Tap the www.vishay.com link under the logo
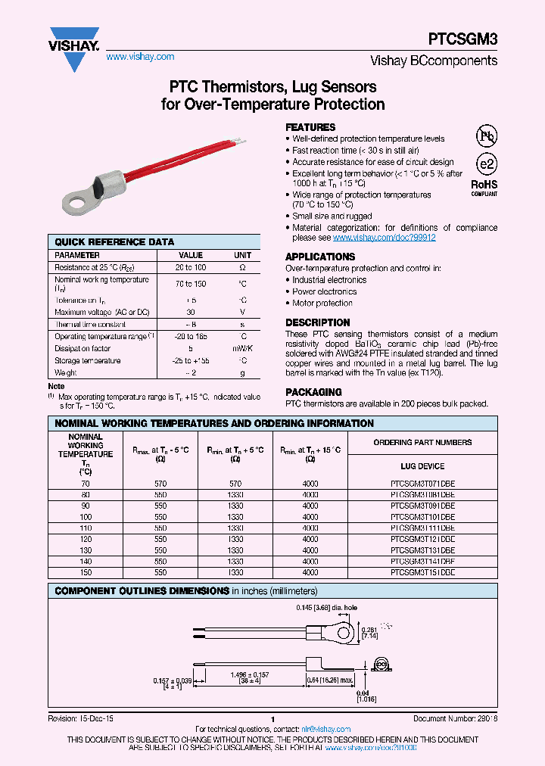click(x=140, y=57)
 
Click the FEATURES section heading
click(x=310, y=127)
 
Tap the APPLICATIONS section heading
click(x=320, y=257)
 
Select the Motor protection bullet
click(x=322, y=303)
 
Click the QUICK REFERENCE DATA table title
click(x=114, y=242)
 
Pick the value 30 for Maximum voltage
click(x=190, y=312)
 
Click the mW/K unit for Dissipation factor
click(x=242, y=349)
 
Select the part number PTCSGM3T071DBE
click(x=422, y=483)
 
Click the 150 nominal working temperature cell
click(x=86, y=573)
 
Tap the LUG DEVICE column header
click(x=422, y=466)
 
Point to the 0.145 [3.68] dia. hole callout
click(x=328, y=607)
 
